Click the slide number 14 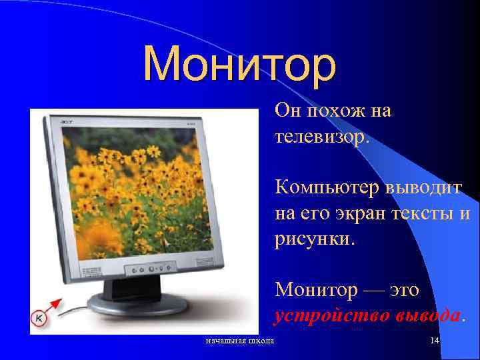point(434,341)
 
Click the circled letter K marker point(39,319)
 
